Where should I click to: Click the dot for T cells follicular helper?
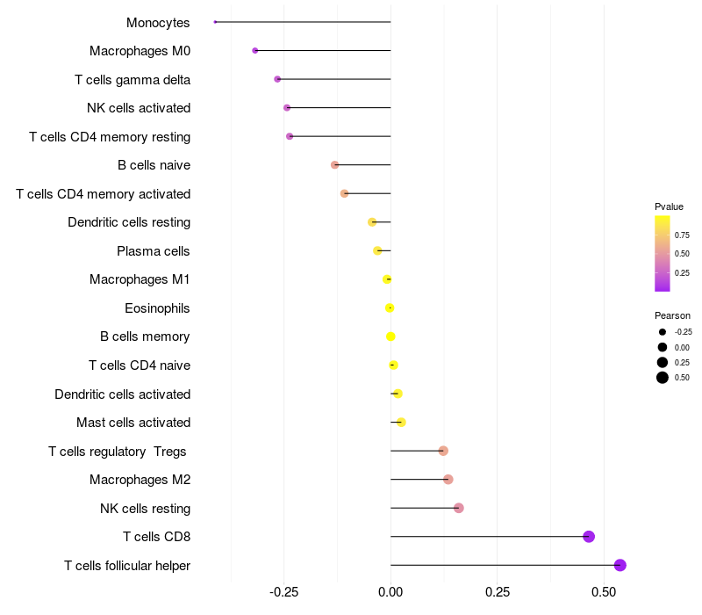point(620,565)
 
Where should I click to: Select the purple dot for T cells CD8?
point(589,537)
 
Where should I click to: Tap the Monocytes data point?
point(215,22)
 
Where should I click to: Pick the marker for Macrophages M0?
point(255,51)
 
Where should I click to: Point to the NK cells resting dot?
point(458,508)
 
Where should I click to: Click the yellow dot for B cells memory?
point(390,336)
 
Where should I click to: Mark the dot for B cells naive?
point(334,165)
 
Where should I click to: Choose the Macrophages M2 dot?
point(448,480)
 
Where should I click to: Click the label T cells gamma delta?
point(133,80)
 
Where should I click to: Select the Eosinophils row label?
point(158,308)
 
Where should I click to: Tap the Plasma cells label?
point(154,251)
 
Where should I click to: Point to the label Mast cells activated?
point(133,423)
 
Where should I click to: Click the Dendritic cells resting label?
point(129,222)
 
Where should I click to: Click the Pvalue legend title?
point(669,206)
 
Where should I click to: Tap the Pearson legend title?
point(672,315)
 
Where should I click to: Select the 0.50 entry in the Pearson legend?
point(682,378)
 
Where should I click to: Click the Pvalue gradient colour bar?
point(663,253)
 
